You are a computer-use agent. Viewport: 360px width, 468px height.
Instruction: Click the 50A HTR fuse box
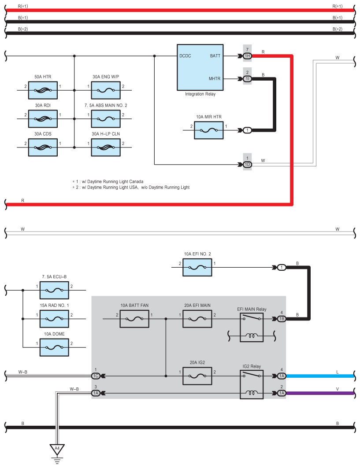click(43, 90)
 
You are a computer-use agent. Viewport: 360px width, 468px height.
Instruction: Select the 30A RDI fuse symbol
click(43, 119)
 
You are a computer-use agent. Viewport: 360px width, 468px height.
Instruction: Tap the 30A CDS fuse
click(43, 147)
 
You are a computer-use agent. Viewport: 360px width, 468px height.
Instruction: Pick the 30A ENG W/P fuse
click(106, 90)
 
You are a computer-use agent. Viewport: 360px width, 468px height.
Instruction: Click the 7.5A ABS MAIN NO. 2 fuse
click(106, 119)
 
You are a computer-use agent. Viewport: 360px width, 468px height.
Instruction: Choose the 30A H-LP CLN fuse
click(106, 147)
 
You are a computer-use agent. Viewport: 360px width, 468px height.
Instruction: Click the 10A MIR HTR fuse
click(209, 130)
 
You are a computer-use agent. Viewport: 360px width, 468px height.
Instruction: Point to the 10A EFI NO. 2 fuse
click(197, 267)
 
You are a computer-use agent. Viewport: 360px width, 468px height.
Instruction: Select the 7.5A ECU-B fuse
click(54, 290)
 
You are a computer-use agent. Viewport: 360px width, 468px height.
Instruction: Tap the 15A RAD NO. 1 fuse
click(54, 319)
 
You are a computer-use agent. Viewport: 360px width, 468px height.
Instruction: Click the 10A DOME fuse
click(54, 347)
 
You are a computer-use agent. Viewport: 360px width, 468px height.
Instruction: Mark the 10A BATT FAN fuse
click(134, 319)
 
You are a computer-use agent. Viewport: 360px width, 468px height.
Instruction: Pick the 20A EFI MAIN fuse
click(197, 319)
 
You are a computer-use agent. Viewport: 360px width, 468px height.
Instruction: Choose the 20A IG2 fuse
click(197, 376)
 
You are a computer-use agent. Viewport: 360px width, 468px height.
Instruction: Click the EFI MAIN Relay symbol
click(252, 328)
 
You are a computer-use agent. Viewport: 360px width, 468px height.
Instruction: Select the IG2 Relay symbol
click(252, 384)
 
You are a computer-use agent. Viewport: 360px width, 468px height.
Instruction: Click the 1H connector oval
click(247, 56)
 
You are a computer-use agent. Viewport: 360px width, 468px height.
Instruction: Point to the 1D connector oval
click(247, 165)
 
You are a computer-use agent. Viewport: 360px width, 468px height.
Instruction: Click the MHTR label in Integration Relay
click(215, 79)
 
